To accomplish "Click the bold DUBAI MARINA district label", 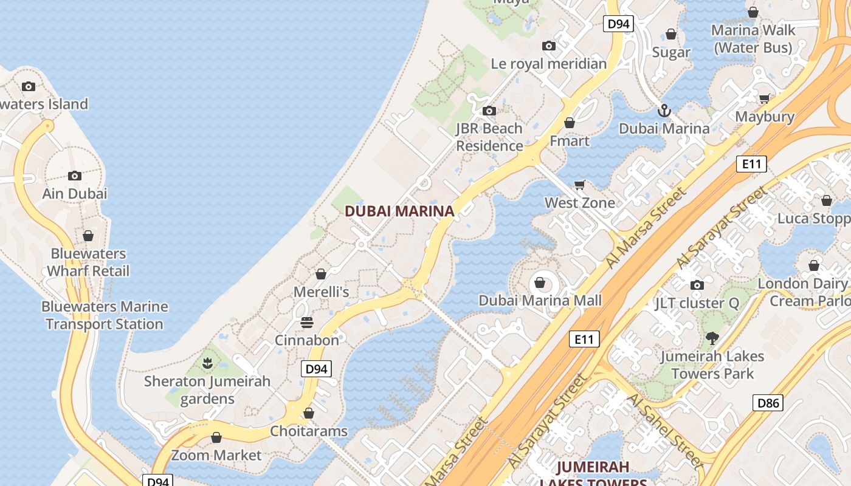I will (x=399, y=211).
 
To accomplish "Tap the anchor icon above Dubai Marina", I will (x=664, y=111).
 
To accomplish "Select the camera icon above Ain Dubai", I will (x=75, y=176).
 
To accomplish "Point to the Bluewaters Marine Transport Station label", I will (x=105, y=315).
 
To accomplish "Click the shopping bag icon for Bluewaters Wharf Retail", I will (x=88, y=236).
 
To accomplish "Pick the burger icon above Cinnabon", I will (x=307, y=322).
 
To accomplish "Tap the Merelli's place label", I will (x=321, y=292).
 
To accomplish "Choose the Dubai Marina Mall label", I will (x=540, y=300).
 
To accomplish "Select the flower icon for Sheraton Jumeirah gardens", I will (x=207, y=363).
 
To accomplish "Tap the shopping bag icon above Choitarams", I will (x=309, y=413).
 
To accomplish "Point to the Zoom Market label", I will (x=216, y=455).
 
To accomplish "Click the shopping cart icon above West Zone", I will (x=580, y=185).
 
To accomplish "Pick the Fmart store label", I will (x=570, y=141).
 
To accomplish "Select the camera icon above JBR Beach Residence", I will (x=489, y=111).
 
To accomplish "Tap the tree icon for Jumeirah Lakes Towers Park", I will (x=712, y=338).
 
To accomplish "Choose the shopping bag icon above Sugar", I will (x=671, y=34).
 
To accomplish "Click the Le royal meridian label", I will (x=548, y=63).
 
